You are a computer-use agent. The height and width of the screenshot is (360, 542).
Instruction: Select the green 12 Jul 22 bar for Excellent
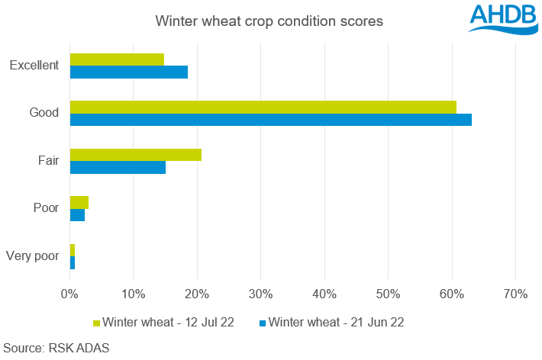117,59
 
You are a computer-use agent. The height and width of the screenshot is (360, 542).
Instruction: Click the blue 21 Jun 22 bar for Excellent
128,72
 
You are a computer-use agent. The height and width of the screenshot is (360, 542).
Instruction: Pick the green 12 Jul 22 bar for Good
263,107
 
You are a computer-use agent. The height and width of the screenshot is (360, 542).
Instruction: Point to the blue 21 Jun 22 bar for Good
270,120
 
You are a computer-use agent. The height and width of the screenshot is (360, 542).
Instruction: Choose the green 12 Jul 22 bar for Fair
135,155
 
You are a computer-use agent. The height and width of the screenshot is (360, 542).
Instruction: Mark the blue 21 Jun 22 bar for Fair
118,168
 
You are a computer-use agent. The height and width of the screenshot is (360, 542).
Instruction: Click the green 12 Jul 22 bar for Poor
79,202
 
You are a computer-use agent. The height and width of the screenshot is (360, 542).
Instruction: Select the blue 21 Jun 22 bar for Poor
77,215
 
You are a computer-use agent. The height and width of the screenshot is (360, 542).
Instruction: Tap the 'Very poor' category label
32,256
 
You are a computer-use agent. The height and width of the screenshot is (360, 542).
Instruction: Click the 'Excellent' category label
34,66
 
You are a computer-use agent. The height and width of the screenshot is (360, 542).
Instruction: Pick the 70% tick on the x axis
515,294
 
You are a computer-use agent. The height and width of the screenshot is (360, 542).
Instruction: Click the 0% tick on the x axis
69,294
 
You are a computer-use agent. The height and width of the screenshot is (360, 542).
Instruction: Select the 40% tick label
324,294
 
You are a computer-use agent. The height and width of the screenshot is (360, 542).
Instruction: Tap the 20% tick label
197,294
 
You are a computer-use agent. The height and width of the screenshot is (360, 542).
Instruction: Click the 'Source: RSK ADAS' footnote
56,348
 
